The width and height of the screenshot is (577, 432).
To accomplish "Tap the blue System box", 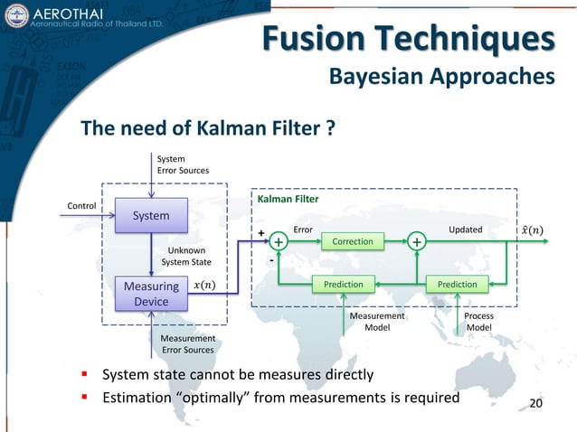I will click(151, 216).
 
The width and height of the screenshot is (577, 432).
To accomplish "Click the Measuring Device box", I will click(151, 294).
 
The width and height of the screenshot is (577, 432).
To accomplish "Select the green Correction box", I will click(353, 242).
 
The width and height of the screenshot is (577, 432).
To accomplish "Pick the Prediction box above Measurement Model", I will click(344, 284).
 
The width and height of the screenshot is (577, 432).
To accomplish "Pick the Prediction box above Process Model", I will click(457, 284).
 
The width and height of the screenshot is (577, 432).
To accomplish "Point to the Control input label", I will click(82, 205).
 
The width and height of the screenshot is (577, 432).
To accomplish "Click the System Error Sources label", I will click(183, 164).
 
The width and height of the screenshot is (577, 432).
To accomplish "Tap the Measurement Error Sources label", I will click(188, 343).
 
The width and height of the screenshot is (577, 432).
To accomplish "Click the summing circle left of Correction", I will click(279, 242).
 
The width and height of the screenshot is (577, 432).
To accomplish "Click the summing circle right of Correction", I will click(416, 242).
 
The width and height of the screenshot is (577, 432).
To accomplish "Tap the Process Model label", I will click(478, 322).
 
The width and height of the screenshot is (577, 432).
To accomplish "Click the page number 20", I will click(536, 401).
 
